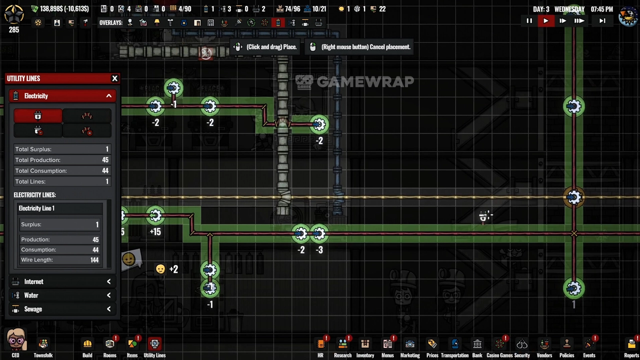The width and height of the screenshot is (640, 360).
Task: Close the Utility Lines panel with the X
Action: (114, 78)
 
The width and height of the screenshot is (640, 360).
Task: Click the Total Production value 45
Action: (105, 160)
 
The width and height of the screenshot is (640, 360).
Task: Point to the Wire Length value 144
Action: (94, 260)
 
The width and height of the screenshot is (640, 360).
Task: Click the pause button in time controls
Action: (529, 21)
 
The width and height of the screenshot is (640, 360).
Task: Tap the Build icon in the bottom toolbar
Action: (87, 344)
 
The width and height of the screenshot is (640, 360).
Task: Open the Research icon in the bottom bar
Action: (342, 344)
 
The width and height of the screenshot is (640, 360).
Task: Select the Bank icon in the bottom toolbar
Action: (477, 344)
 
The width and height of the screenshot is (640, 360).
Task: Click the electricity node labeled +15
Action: (155, 216)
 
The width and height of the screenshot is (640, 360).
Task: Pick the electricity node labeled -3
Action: (319, 233)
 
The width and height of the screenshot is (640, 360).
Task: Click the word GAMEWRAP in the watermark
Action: (365, 81)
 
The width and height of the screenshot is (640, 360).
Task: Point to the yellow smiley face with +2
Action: (160, 269)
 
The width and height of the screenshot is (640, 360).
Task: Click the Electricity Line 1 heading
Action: (36, 208)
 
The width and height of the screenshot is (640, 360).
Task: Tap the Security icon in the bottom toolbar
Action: (522, 344)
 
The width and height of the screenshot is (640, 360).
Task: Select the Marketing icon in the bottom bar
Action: (409, 344)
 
